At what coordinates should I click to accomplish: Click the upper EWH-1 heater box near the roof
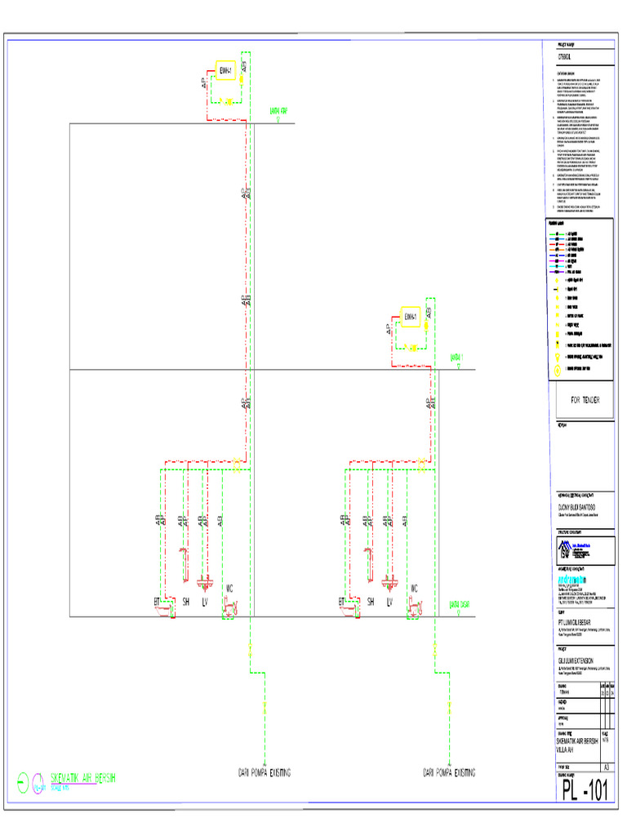tap(226, 71)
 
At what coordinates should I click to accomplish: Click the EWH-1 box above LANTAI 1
tap(411, 317)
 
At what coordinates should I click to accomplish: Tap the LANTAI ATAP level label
tap(278, 111)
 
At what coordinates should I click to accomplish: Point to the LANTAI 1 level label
tap(458, 357)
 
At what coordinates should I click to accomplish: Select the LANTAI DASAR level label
tap(460, 605)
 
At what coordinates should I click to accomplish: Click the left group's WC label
tap(229, 588)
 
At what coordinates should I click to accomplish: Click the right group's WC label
tap(415, 588)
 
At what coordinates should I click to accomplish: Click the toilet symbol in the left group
tap(231, 607)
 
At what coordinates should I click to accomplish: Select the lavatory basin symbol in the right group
tap(389, 582)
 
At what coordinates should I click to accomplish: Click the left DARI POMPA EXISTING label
tap(265, 772)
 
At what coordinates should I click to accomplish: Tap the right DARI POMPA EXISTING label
tap(449, 772)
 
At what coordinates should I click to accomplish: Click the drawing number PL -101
tap(585, 791)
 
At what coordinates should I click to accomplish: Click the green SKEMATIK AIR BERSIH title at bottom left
tap(83, 778)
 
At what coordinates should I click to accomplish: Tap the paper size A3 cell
tap(606, 767)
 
